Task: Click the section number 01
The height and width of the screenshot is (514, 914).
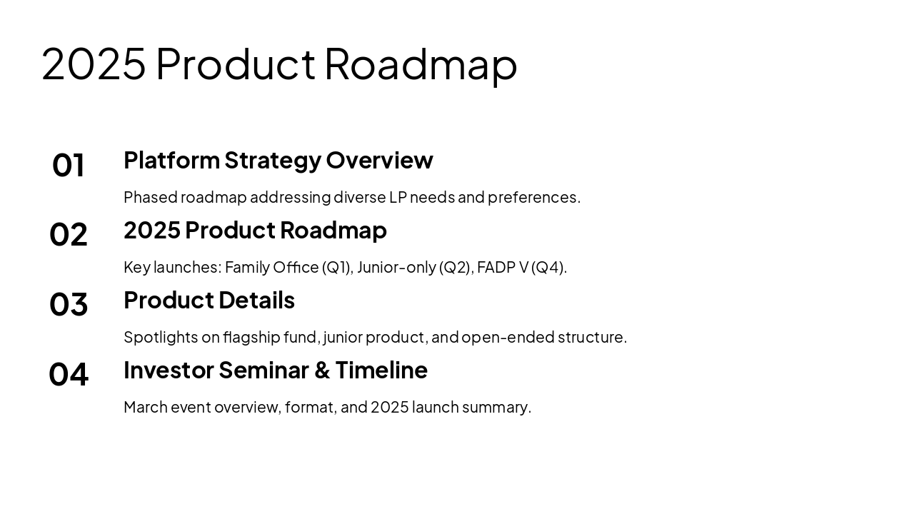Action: pyautogui.click(x=68, y=165)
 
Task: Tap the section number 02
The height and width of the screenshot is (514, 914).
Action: pyautogui.click(x=68, y=235)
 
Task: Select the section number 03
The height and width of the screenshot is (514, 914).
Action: pyautogui.click(x=68, y=304)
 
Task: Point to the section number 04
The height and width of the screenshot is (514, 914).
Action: pyautogui.click(x=68, y=374)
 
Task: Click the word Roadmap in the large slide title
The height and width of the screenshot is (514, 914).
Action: pyautogui.click(x=421, y=65)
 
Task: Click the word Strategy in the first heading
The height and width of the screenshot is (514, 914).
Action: pyautogui.click(x=273, y=161)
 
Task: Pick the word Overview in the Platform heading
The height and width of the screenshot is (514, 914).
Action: pyautogui.click(x=379, y=160)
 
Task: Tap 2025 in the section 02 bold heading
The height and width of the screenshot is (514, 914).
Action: pyautogui.click(x=152, y=230)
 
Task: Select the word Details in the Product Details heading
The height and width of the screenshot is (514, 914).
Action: pyautogui.click(x=256, y=301)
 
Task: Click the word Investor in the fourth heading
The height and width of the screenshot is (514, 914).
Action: pyautogui.click(x=169, y=370)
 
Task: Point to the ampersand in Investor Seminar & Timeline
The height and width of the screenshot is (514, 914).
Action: pyautogui.click(x=322, y=371)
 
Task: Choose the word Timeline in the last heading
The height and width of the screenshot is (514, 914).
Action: pyautogui.click(x=381, y=370)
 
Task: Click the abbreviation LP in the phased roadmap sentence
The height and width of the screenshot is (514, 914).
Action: pyautogui.click(x=398, y=198)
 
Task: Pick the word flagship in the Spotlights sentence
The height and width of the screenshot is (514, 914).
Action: pyautogui.click(x=252, y=338)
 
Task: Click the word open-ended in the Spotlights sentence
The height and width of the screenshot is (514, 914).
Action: pyautogui.click(x=508, y=338)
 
